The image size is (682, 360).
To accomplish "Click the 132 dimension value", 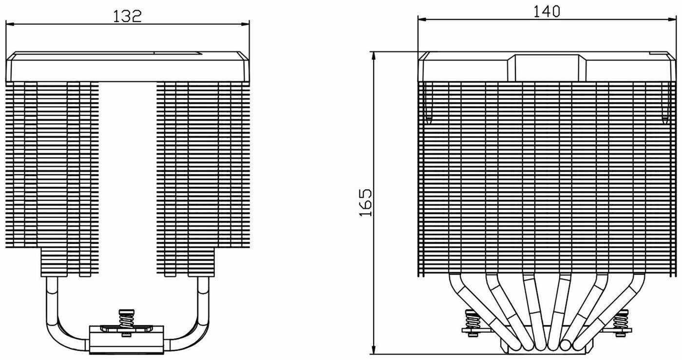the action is (x=127, y=17).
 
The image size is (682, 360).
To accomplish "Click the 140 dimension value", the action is (x=547, y=12).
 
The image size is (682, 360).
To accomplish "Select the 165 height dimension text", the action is (x=366, y=203).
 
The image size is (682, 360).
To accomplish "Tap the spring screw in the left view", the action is (x=126, y=322).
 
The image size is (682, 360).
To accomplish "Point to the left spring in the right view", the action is (x=472, y=322).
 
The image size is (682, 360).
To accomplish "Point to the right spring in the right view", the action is (x=622, y=322).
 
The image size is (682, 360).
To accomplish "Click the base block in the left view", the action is (x=126, y=340).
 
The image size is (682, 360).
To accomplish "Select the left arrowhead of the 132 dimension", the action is (x=10, y=24).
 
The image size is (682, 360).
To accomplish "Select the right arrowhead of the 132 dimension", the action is (x=246, y=24).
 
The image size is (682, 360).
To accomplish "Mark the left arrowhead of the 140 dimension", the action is (x=422, y=19).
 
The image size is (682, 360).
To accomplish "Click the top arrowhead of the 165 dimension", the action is (x=375, y=56).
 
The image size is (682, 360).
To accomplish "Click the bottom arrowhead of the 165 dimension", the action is (x=375, y=350).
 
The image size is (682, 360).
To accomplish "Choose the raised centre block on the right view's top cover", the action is (x=547, y=68).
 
